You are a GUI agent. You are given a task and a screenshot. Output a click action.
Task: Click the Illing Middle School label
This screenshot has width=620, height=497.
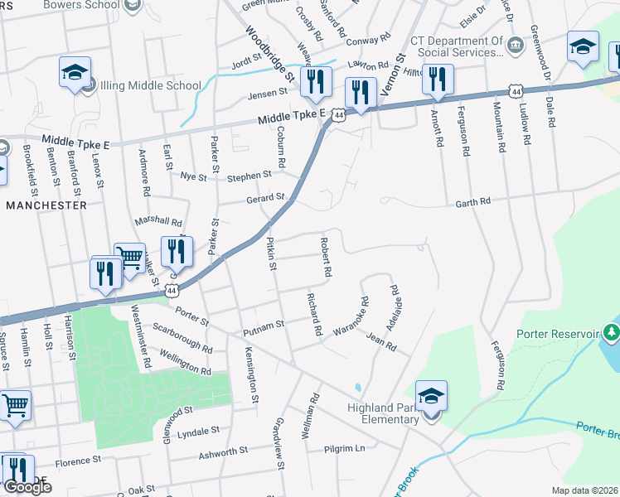tap(150, 85)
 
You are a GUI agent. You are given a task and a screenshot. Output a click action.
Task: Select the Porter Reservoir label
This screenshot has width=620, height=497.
tap(557, 334)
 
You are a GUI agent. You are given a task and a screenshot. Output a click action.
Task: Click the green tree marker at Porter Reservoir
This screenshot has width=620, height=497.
tap(613, 333)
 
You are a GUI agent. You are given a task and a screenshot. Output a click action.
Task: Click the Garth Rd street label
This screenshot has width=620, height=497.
tap(472, 201)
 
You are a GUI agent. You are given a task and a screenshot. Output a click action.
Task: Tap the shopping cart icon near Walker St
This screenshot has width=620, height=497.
tap(129, 258)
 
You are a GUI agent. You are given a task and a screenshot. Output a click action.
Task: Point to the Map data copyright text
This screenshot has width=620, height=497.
tap(584, 490)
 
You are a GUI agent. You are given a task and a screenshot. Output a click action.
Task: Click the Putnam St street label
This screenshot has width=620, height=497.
tap(264, 328)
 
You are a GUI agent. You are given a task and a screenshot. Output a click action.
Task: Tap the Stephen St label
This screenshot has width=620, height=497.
tap(249, 176)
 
